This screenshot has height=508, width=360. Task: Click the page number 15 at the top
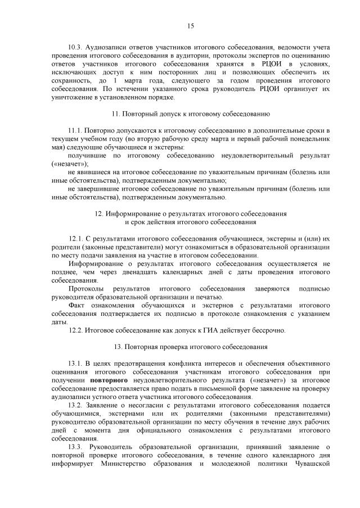(190, 25)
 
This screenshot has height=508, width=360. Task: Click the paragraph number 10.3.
(75, 47)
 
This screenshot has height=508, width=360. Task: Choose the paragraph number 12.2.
(76, 330)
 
